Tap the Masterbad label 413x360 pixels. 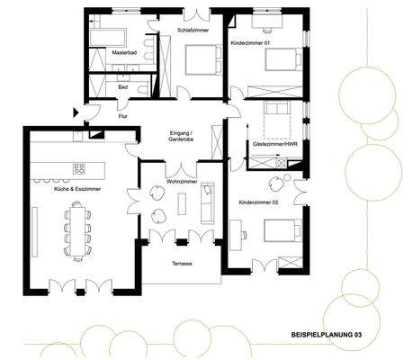[123, 54]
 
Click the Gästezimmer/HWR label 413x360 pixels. [277, 144]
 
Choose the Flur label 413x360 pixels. [122, 116]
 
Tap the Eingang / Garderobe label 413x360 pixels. [182, 138]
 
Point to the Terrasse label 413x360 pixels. [181, 265]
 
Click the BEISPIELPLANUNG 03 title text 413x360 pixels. [328, 334]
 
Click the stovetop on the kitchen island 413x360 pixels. [78, 168]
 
